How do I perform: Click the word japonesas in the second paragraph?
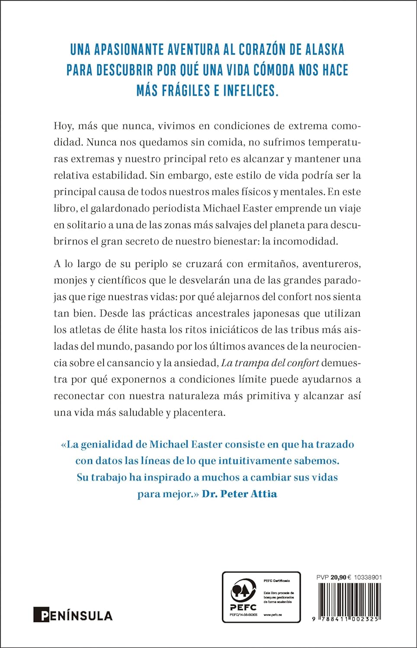point(269,313)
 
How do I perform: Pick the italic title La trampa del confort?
point(270,362)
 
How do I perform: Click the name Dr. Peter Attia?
point(239,493)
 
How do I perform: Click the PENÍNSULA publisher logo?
point(73,615)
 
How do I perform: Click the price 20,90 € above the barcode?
point(341,577)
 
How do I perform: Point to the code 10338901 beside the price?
point(368,577)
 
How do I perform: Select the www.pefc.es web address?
point(273,614)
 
